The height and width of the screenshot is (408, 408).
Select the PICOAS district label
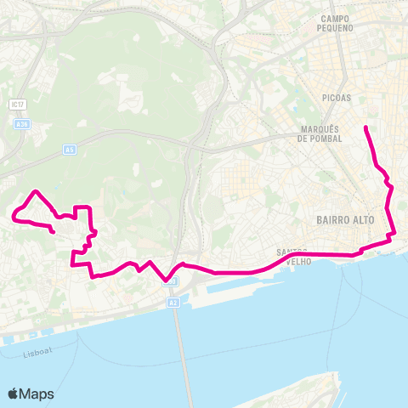click(336, 98)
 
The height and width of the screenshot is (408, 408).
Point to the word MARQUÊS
click(320, 129)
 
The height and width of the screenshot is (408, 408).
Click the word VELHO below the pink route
click(297, 263)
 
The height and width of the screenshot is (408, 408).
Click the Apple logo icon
click(14, 394)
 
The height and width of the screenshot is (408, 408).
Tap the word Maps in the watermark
click(37, 394)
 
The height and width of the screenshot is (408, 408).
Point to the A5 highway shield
click(70, 150)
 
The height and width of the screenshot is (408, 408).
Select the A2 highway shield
click(173, 302)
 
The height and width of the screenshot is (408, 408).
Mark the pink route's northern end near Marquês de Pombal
click(365, 127)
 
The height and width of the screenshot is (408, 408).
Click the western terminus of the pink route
click(54, 232)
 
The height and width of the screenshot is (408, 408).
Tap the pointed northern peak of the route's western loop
click(35, 191)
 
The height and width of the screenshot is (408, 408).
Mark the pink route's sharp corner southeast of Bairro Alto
click(394, 235)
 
